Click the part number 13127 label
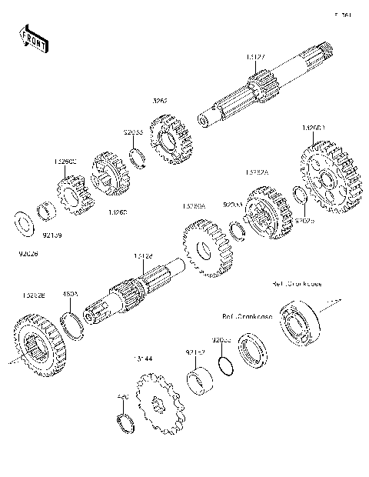(256, 58)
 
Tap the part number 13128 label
(144, 255)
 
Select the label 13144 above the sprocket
(140, 359)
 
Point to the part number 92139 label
(53, 228)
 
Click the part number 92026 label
(26, 251)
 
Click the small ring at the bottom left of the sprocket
(123, 422)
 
